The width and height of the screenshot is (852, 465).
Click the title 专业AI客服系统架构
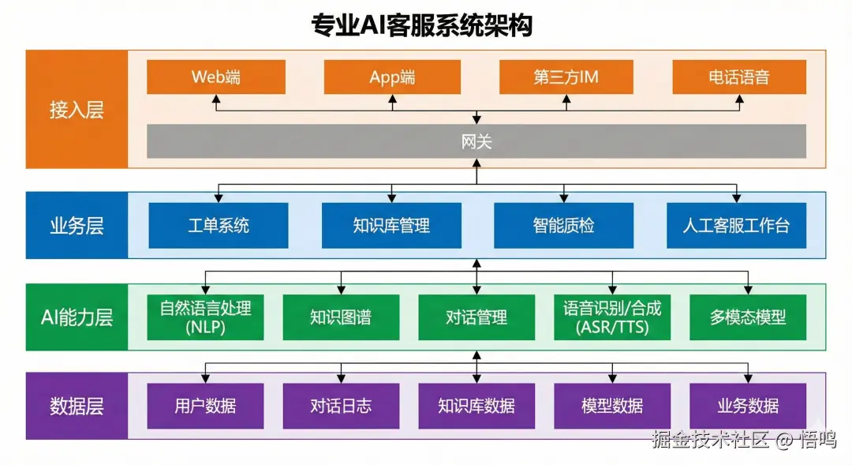pyautogui.click(x=422, y=25)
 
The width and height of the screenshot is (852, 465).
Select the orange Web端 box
pyautogui.click(x=216, y=77)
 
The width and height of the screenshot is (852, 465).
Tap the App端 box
pyautogui.click(x=392, y=77)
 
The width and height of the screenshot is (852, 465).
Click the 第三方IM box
pyautogui.click(x=565, y=77)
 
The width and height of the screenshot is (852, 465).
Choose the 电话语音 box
pyautogui.click(x=739, y=77)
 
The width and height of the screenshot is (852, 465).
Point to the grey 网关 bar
pyautogui.click(x=476, y=141)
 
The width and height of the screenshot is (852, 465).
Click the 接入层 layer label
pyautogui.click(x=77, y=110)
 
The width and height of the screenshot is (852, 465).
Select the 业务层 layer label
pyautogui.click(x=77, y=226)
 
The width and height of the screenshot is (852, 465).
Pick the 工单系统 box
pyautogui.click(x=219, y=226)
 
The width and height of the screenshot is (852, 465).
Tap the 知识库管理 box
pyautogui.click(x=391, y=226)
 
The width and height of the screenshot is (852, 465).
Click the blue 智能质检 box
pyautogui.click(x=563, y=226)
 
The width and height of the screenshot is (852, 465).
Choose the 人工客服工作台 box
pyautogui.click(x=736, y=226)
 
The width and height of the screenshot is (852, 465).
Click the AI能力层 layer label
pyautogui.click(x=77, y=317)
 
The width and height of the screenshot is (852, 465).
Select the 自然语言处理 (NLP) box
pyautogui.click(x=206, y=317)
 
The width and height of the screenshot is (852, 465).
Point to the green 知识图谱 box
pyautogui.click(x=341, y=317)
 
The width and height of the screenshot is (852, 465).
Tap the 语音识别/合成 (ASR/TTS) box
pyautogui.click(x=612, y=317)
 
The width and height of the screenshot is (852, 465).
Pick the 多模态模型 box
pyautogui.click(x=748, y=317)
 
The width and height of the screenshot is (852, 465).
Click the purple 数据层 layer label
pyautogui.click(x=77, y=407)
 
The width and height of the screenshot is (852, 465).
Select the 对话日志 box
pyautogui.click(x=341, y=407)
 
